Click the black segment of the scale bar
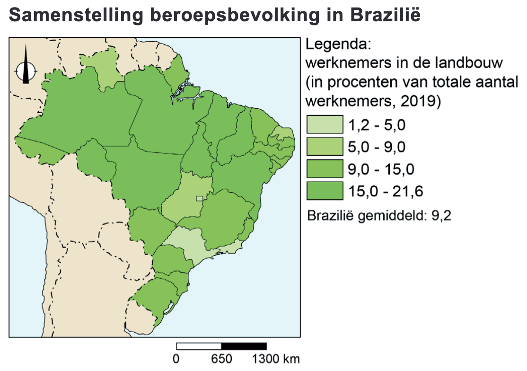pos(244,346)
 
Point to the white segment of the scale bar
pos(199,346)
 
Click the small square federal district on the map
pos(200,199)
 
